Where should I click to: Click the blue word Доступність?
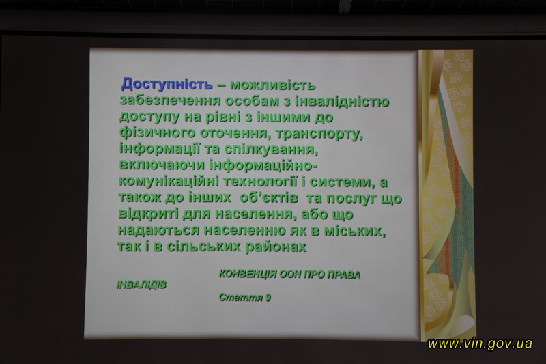167,84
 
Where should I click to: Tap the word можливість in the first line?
273,85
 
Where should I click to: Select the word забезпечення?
170,101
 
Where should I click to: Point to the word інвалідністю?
342,101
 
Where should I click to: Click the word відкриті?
148,213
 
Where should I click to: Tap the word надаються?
159,230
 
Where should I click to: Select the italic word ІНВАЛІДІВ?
141,285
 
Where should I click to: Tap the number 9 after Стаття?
268,298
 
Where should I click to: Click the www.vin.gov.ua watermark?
480,344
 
